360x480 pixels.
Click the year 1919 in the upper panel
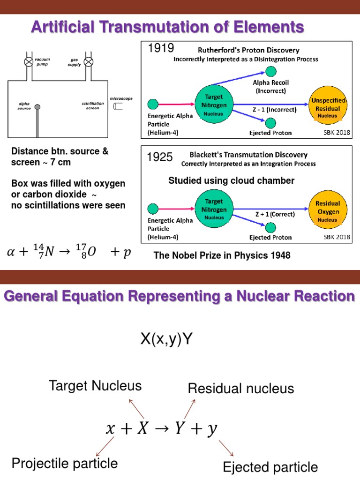[x=161, y=48]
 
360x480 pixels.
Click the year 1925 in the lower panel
[x=160, y=157]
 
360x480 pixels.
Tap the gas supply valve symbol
[x=88, y=62]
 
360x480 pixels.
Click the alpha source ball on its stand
[x=37, y=107]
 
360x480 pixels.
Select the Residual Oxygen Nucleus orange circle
[x=328, y=211]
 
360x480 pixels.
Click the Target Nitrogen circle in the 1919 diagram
[x=213, y=104]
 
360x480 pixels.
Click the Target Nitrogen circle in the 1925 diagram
[x=213, y=209]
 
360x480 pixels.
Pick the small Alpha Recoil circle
[x=270, y=71]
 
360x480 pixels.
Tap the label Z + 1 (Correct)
[x=276, y=214]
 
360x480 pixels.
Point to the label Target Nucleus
[x=95, y=386]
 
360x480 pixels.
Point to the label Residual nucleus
[x=241, y=388]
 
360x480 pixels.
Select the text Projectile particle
[x=65, y=464]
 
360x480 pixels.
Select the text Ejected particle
[x=270, y=467]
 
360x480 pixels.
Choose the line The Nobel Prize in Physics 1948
[x=222, y=255]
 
